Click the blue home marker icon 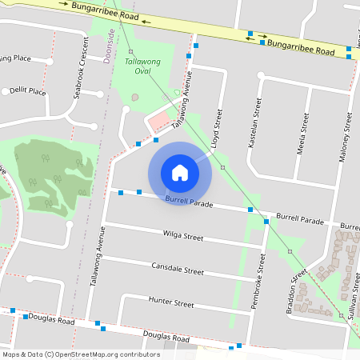point(180,172)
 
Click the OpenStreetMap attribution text point(80,354)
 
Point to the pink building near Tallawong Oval point(160,122)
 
